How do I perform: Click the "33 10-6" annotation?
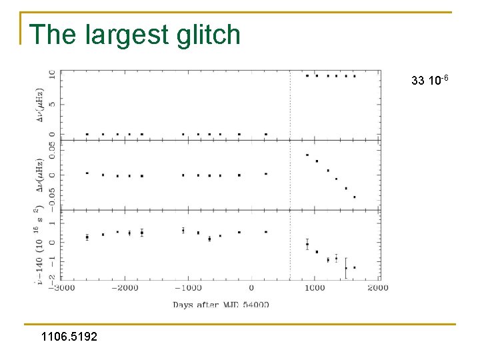(x=430, y=81)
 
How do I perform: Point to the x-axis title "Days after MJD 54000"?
(x=221, y=305)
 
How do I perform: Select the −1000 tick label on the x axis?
(x=188, y=288)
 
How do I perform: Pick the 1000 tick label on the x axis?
(x=315, y=288)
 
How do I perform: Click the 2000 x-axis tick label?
(x=378, y=288)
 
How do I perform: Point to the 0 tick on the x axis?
(x=251, y=288)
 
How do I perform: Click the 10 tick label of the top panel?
(x=51, y=75)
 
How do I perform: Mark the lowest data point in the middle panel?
(x=354, y=197)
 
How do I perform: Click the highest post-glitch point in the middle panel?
(x=307, y=155)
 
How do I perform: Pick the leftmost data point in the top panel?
(x=87, y=134)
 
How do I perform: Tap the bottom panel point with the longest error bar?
(x=346, y=267)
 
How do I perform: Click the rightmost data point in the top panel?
(x=354, y=76)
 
